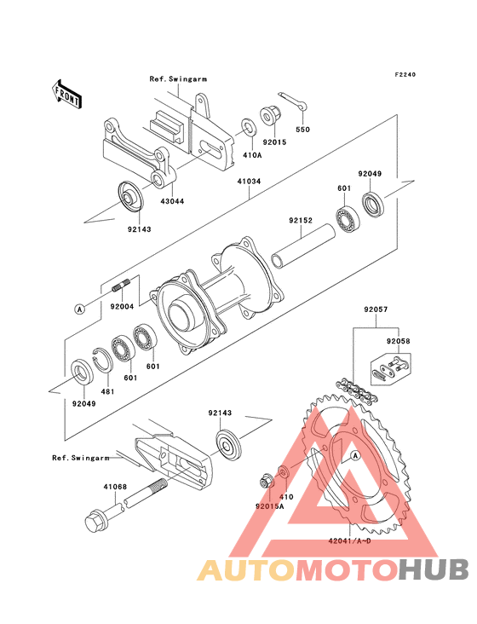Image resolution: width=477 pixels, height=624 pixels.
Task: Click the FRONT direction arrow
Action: pyautogui.click(x=66, y=94)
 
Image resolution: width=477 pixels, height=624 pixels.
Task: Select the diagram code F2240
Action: pyautogui.click(x=405, y=74)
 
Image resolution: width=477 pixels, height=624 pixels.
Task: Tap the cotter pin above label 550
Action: pyautogui.click(x=297, y=102)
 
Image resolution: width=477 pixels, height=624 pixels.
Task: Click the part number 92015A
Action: pyautogui.click(x=270, y=506)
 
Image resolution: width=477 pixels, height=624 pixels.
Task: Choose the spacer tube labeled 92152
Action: pyautogui.click(x=304, y=246)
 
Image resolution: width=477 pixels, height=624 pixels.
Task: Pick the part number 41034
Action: pyautogui.click(x=250, y=182)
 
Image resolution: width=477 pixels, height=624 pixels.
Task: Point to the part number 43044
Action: pyautogui.click(x=172, y=201)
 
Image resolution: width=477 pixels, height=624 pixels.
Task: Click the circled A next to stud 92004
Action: pyautogui.click(x=80, y=309)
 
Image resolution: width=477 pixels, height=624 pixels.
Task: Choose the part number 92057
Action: pyautogui.click(x=376, y=309)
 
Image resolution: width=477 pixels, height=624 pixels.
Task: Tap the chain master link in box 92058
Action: pyautogui.click(x=389, y=369)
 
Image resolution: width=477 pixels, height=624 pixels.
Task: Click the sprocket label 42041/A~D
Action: pyautogui.click(x=349, y=541)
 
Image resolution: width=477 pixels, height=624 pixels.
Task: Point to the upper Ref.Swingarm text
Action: pyautogui.click(x=178, y=78)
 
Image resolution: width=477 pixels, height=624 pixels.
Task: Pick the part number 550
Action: pyautogui.click(x=303, y=130)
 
